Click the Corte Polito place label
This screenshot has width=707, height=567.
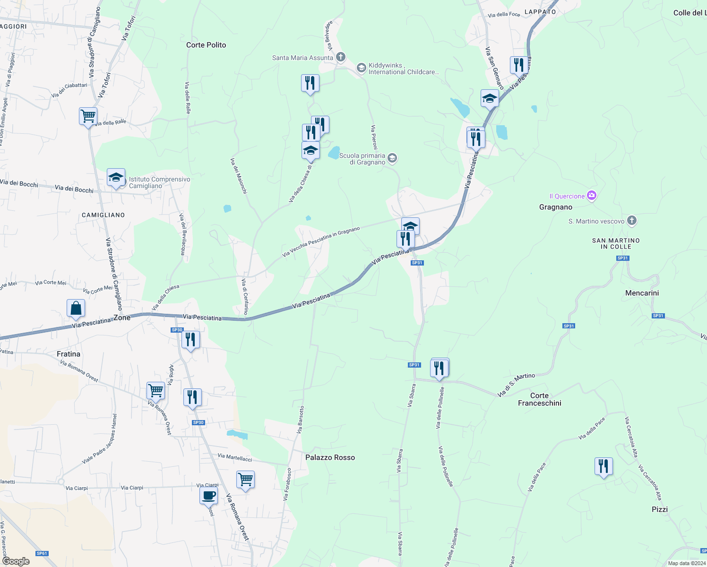tap(206, 45)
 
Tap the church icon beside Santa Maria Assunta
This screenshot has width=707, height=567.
tap(341, 58)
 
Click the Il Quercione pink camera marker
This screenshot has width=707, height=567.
tap(592, 196)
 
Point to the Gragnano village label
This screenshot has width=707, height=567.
tap(556, 207)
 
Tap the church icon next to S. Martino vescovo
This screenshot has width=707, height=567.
tap(632, 221)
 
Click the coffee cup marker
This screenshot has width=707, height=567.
tap(208, 496)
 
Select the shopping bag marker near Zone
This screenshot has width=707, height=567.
tap(76, 309)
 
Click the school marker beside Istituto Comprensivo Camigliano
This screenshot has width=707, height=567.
tap(116, 178)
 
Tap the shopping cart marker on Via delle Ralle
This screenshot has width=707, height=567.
tap(88, 116)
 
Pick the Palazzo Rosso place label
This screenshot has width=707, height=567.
tap(330, 457)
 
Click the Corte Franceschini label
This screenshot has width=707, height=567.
tap(539, 399)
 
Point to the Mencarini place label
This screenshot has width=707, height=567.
tap(642, 293)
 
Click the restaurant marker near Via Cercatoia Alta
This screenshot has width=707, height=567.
tap(604, 466)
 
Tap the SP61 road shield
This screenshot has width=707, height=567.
tap(42, 553)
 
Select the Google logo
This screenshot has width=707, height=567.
tap(16, 561)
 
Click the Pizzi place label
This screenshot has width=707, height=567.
tap(660, 509)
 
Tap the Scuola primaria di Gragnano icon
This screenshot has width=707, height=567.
tap(392, 158)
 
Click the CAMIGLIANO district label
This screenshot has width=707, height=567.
tap(103, 215)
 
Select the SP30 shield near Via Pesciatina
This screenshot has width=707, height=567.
tap(177, 330)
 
